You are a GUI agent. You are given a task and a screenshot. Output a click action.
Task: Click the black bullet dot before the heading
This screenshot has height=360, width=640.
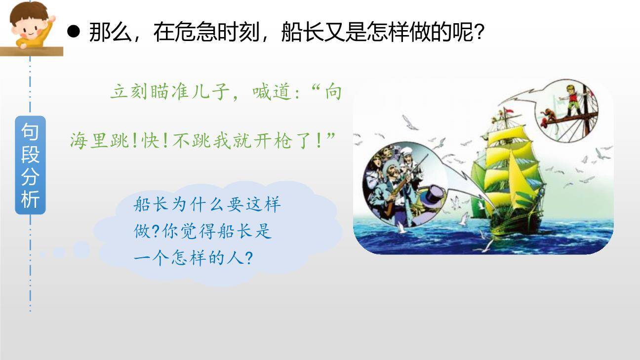tap(73, 32)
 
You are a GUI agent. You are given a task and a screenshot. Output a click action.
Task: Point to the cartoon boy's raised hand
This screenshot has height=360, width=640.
tap(50, 20)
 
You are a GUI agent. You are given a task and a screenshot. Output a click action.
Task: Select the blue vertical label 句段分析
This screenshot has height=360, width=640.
tap(30, 165)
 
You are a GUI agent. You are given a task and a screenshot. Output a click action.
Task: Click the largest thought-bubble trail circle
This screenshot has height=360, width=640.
tap(81, 249)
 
